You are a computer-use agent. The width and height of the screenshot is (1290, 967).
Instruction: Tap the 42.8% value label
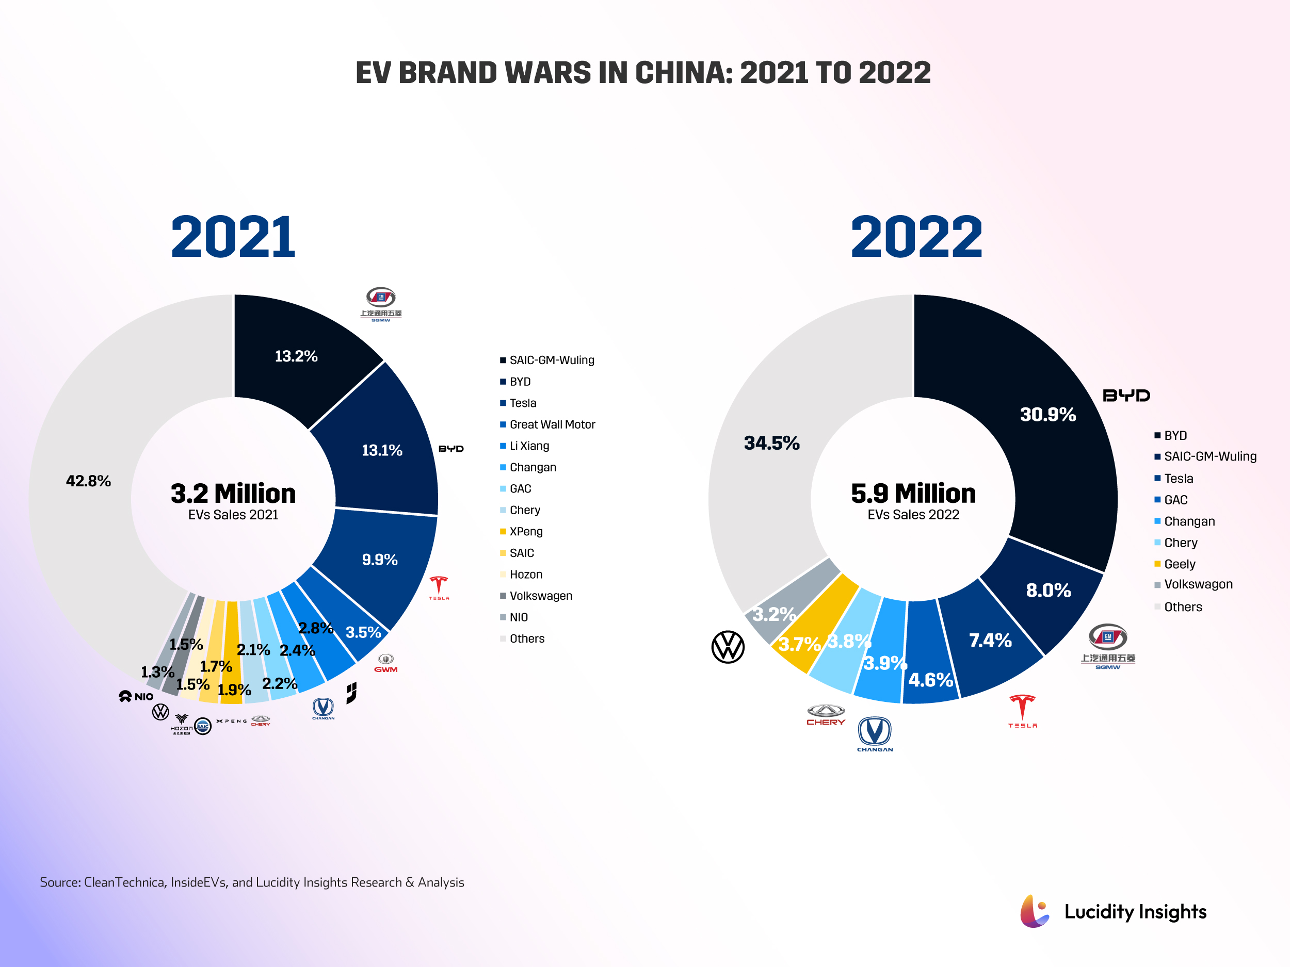[88, 481]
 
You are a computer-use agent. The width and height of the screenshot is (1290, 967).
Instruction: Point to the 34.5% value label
[771, 443]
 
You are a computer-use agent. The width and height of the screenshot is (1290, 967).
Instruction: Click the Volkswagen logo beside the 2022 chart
[728, 647]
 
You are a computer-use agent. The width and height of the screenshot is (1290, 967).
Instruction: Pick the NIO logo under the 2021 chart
[136, 697]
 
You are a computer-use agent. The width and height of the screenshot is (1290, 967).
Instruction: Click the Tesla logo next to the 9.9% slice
[439, 587]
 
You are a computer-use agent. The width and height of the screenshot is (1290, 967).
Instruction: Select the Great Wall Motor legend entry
[552, 424]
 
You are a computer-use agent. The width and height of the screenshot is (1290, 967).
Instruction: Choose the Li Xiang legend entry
[529, 446]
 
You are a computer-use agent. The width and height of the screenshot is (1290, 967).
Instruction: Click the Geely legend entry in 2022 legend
[1179, 564]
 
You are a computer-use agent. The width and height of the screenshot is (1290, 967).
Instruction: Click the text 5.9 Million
[913, 493]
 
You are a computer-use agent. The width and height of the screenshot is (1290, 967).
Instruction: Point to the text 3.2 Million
[233, 493]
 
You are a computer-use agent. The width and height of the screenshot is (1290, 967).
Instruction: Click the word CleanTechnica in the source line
[124, 882]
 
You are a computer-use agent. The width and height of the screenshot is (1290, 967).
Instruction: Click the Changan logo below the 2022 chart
[875, 733]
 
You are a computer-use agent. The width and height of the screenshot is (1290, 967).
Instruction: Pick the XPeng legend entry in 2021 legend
[525, 532]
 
